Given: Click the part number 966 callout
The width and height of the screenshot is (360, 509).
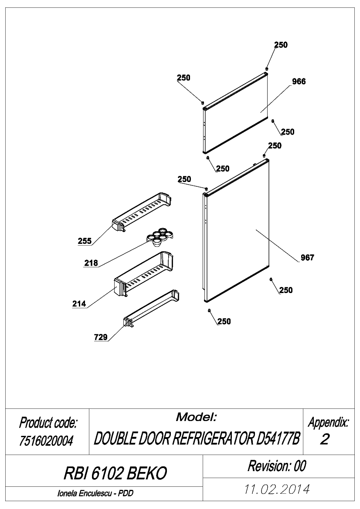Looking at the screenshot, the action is click(x=299, y=81).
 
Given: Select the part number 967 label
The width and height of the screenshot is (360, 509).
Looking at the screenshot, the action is click(x=307, y=258).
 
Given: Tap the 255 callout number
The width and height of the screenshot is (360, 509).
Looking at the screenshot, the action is click(x=85, y=241).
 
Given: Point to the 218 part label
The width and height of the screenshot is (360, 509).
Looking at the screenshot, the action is click(x=91, y=263).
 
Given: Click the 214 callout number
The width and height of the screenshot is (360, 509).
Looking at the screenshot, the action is click(x=79, y=304).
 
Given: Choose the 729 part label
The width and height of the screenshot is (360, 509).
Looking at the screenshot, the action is click(x=101, y=337).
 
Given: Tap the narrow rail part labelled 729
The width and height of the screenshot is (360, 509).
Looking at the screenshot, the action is click(x=151, y=307).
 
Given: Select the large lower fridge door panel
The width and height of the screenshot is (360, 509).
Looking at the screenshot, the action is click(x=236, y=230).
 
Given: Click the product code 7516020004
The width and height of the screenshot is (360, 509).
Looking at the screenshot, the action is click(x=46, y=441).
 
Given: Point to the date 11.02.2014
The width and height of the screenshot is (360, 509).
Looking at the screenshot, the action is click(x=277, y=489).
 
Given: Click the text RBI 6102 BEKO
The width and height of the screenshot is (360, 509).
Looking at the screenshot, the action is click(x=115, y=473).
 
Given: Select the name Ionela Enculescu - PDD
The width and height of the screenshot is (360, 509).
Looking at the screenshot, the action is click(x=95, y=493).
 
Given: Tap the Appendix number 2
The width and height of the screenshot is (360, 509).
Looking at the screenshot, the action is click(x=325, y=439).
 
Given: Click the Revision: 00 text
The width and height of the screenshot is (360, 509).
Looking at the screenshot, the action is click(x=277, y=466).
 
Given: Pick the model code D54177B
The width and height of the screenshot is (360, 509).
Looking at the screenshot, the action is click(x=278, y=439).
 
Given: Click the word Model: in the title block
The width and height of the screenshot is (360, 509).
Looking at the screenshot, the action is click(x=196, y=417).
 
